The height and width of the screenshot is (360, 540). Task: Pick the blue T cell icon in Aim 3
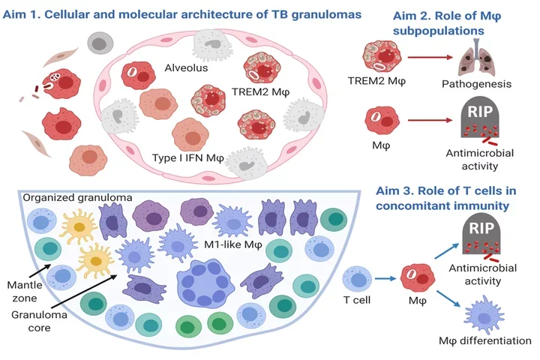coord(356,281)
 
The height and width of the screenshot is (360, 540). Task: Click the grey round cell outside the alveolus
coord(100,44)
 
